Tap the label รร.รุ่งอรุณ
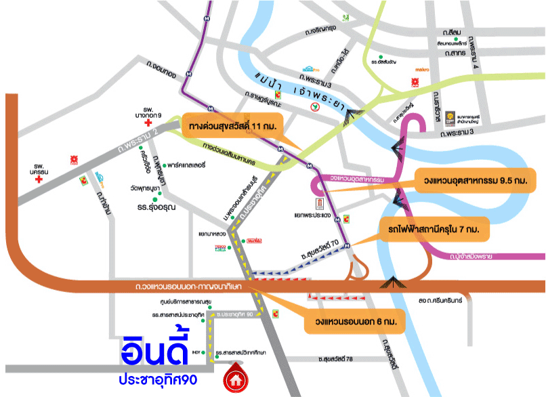(155, 207)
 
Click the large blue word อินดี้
(160, 352)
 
